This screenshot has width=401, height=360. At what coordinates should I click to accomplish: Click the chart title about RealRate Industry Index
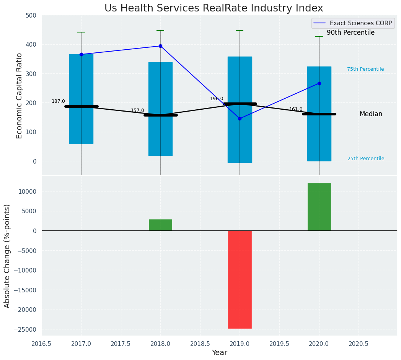[214, 8]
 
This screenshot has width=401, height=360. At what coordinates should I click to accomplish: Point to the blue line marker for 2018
[160, 46]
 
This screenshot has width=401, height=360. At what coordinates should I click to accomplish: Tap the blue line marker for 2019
[240, 118]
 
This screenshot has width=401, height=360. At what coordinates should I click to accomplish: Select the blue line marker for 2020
[319, 83]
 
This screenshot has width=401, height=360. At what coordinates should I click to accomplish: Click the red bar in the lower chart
[240, 279]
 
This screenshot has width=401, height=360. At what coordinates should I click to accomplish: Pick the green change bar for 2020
[319, 207]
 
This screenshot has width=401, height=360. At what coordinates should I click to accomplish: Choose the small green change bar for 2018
[160, 225]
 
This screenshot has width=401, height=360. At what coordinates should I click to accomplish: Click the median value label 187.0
[58, 101]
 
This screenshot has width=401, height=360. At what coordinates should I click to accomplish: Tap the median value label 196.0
[217, 99]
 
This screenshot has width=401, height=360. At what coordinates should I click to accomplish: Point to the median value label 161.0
[296, 109]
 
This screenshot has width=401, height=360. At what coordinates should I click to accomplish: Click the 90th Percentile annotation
[350, 33]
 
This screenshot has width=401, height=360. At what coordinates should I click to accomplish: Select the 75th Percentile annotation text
[365, 69]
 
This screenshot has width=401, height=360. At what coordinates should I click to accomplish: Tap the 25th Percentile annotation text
[366, 159]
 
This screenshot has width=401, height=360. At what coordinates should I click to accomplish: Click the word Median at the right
[371, 114]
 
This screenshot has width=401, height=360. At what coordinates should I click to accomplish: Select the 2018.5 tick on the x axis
[200, 344]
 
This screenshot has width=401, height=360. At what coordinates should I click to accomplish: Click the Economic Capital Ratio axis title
[20, 96]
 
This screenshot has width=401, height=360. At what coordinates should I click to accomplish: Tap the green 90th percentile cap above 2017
[81, 32]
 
